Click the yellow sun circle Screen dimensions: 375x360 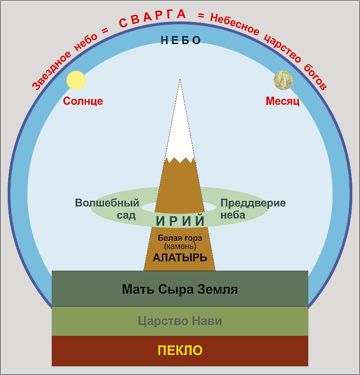(x=76, y=80)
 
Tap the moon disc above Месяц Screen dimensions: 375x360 (x=283, y=80)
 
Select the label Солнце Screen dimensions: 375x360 (x=83, y=101)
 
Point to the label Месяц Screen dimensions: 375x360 (x=283, y=101)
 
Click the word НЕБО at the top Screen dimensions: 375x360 (x=180, y=40)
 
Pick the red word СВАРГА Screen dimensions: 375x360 (x=153, y=18)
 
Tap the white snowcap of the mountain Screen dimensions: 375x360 (x=180, y=130)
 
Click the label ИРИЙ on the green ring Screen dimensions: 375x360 (x=180, y=221)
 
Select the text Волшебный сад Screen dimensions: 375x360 (x=107, y=209)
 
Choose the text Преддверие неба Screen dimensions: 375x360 (x=253, y=209)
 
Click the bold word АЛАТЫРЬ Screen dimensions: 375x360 (x=180, y=258)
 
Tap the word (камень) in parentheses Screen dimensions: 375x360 (x=180, y=247)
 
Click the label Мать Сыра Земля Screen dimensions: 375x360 (x=180, y=289)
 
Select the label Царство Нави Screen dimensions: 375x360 (x=180, y=321)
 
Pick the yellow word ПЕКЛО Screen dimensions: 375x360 (x=180, y=350)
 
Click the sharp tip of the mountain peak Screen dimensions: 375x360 (x=180, y=80)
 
